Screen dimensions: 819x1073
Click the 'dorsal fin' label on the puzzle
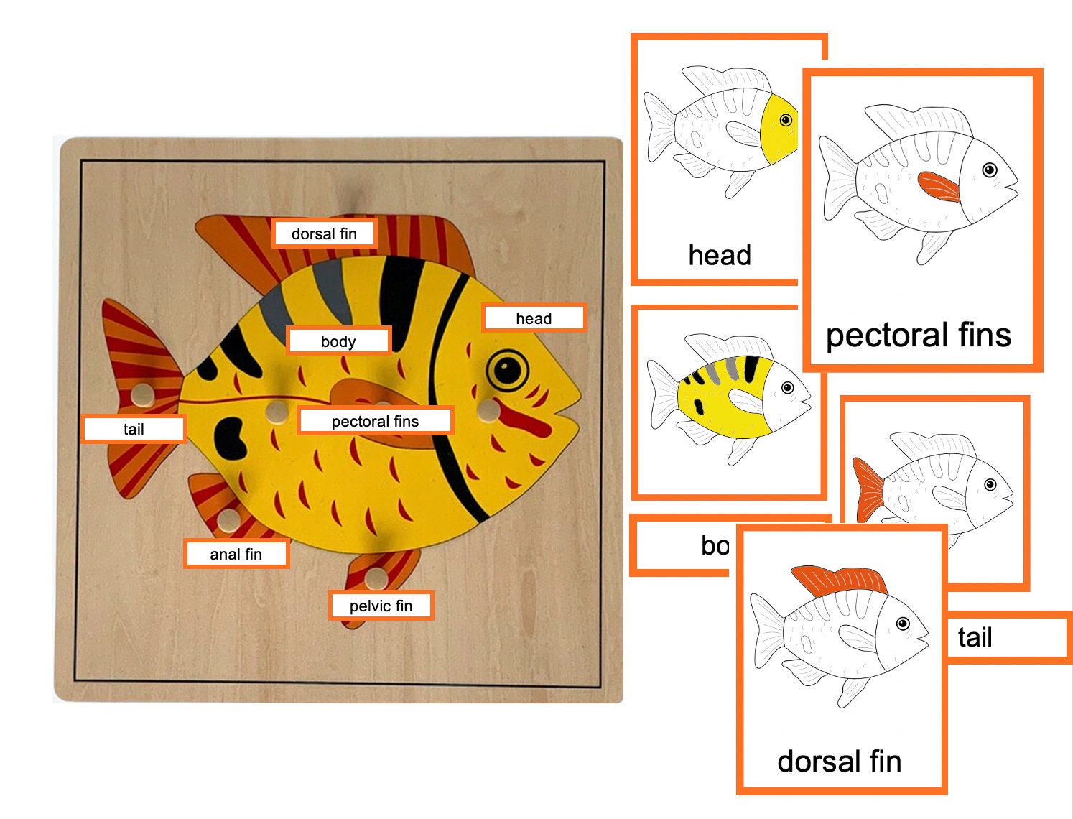(x=324, y=233)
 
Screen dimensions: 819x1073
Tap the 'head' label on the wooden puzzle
(x=534, y=318)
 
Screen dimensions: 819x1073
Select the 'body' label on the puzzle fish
(x=338, y=341)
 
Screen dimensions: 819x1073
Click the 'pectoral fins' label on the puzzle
(x=375, y=421)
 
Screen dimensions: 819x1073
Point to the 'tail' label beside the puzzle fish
(x=134, y=429)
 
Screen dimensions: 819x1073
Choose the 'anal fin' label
(x=236, y=554)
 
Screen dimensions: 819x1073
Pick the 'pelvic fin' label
(x=381, y=606)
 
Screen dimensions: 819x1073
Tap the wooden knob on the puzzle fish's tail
(x=142, y=394)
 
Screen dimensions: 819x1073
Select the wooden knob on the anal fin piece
(x=228, y=519)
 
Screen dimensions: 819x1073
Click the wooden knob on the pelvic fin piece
(x=375, y=577)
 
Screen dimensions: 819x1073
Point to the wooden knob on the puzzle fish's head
(x=488, y=410)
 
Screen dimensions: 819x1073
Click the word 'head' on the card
(x=720, y=255)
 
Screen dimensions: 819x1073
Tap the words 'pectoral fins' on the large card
(x=919, y=335)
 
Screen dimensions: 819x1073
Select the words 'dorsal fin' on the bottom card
(x=839, y=761)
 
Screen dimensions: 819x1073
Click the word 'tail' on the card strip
(x=975, y=637)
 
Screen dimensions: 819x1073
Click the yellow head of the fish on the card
(x=779, y=129)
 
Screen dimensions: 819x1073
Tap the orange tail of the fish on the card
(x=869, y=490)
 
